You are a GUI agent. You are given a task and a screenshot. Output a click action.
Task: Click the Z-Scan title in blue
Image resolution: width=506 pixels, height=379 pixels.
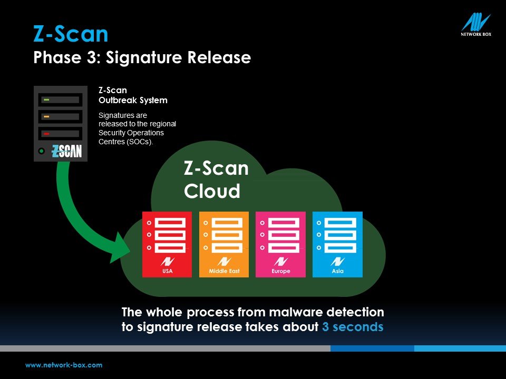[71, 34]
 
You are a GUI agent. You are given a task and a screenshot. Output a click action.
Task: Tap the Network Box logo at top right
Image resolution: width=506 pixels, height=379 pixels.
[476, 25]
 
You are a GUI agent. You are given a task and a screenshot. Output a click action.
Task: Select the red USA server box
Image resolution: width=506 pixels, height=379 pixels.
[167, 244]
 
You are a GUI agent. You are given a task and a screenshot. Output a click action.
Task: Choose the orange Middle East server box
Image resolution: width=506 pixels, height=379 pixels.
[224, 244]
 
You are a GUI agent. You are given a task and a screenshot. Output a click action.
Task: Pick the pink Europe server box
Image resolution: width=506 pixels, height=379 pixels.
[280, 244]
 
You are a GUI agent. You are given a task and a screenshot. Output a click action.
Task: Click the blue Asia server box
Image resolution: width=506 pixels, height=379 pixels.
[337, 244]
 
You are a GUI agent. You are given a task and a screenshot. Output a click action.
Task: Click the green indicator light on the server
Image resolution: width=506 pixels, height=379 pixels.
[46, 100]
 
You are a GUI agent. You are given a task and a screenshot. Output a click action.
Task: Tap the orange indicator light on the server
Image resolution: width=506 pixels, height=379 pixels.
[46, 116]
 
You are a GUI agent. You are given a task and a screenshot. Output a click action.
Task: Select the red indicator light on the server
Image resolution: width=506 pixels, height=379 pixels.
[46, 133]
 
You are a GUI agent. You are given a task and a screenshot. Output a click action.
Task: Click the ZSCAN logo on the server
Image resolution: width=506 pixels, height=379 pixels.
[67, 151]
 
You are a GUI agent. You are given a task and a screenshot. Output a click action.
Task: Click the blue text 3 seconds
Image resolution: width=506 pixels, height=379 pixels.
[353, 327]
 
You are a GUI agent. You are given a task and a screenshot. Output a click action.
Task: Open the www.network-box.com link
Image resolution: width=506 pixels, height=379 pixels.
[64, 365]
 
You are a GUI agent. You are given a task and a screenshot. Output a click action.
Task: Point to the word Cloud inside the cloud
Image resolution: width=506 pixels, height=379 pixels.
[212, 191]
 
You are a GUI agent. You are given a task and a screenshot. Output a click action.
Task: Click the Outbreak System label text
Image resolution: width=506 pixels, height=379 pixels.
[133, 100]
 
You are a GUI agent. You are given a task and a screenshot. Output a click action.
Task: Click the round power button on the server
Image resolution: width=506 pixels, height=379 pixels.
[41, 151]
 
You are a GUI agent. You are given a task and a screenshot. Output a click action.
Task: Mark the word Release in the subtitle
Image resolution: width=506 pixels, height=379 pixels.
[219, 58]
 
